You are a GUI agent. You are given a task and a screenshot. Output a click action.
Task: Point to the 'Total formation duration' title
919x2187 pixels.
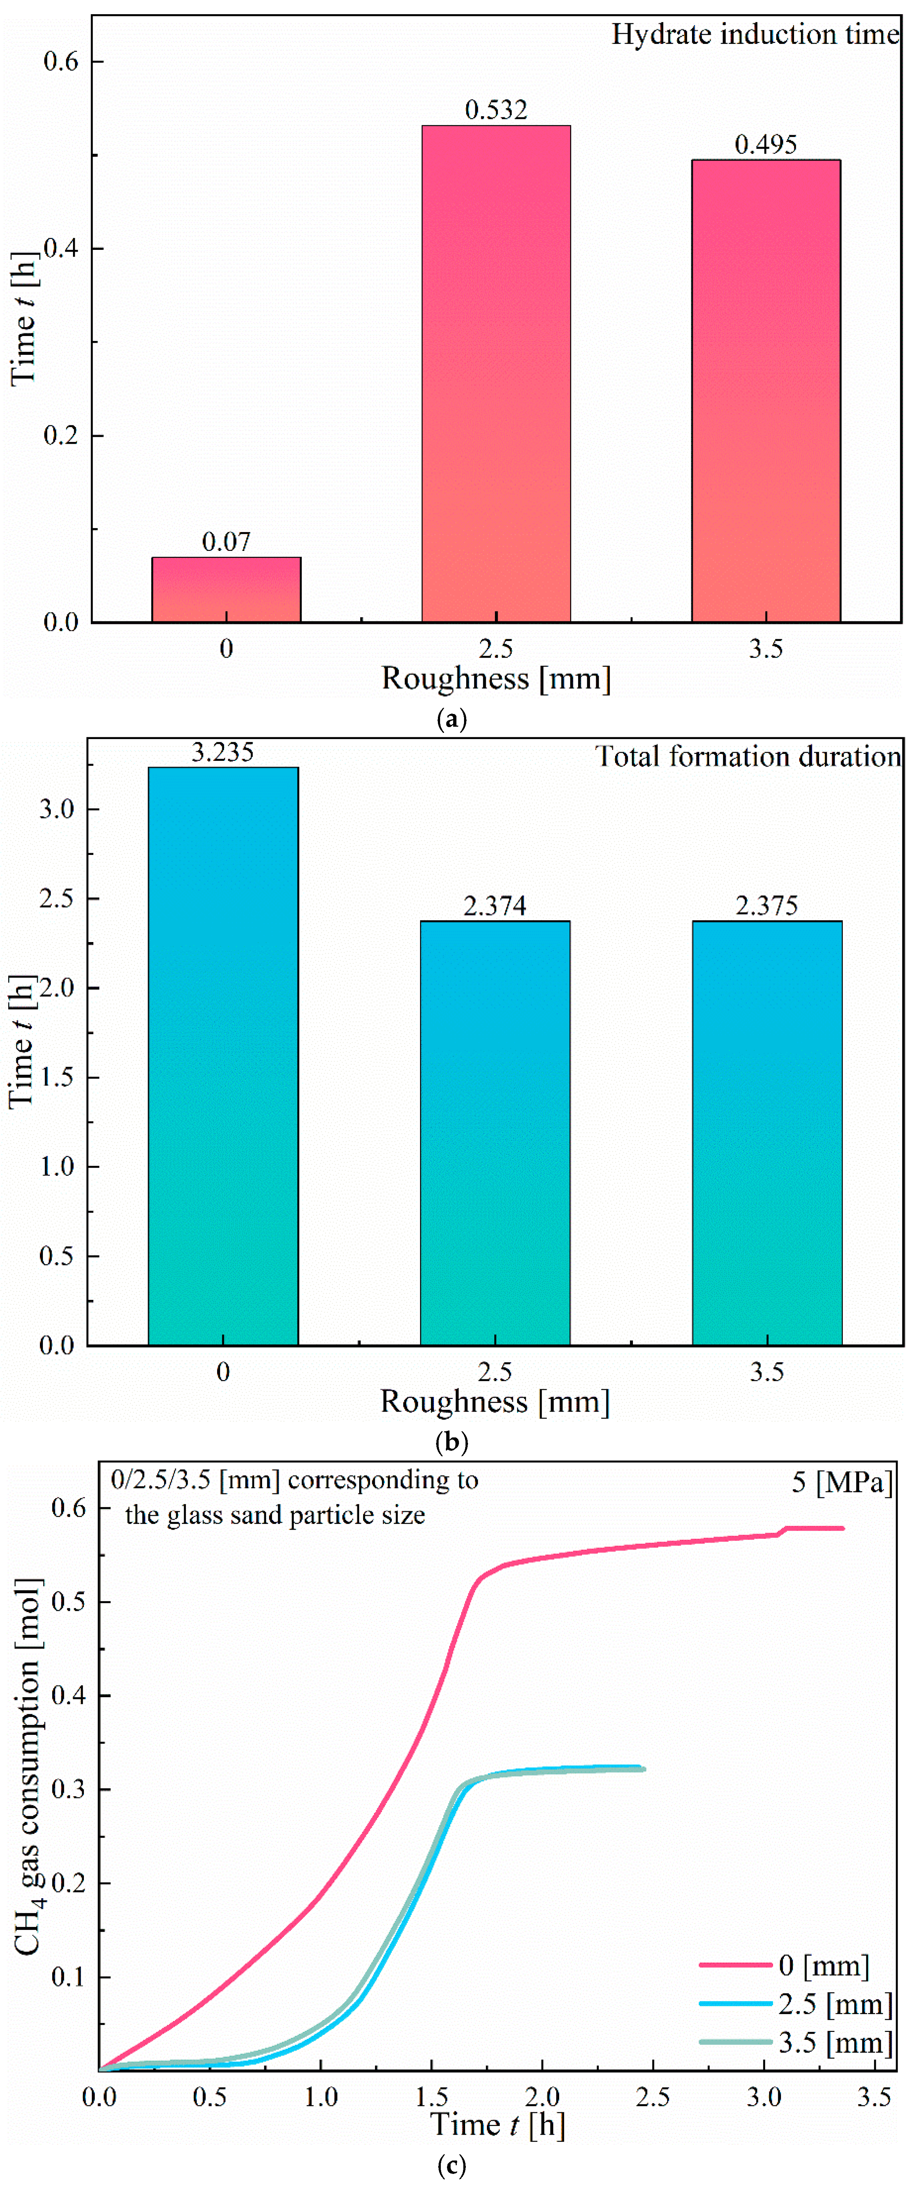click(x=747, y=756)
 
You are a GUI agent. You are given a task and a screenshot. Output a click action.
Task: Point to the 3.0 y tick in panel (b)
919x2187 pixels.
click(x=57, y=809)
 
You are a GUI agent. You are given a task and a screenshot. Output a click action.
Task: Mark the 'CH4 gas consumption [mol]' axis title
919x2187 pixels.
click(x=28, y=1766)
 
